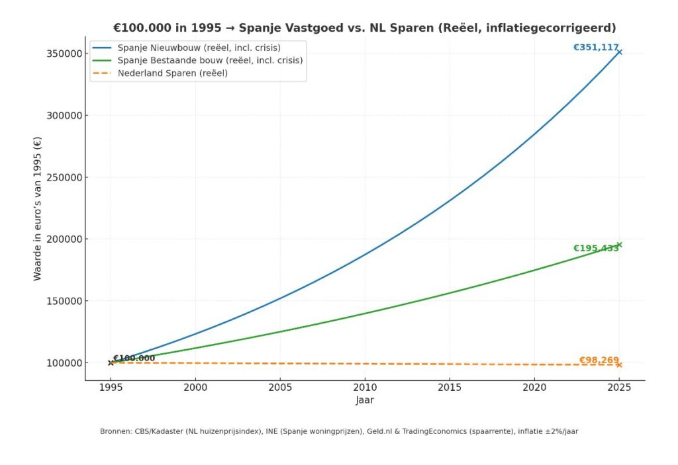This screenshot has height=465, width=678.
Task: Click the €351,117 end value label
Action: tap(595, 48)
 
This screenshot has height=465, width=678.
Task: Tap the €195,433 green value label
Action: tap(595, 248)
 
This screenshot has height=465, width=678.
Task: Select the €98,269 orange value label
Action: tap(599, 360)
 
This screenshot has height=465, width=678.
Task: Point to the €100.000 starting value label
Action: tap(134, 359)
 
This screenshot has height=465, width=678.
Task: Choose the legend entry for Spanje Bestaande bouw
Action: tap(210, 60)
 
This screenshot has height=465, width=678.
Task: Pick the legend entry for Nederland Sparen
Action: tap(172, 73)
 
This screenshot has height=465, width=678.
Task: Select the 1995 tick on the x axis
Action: tap(111, 389)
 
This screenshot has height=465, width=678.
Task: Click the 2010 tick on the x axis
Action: tap(365, 389)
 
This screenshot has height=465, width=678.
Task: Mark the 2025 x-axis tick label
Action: tap(619, 389)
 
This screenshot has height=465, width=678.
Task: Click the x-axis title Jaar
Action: tap(365, 400)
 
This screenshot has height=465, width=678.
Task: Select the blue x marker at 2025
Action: tap(619, 52)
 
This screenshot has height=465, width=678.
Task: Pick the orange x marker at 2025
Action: tap(619, 364)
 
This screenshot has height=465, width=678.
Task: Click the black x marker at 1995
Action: tap(111, 362)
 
